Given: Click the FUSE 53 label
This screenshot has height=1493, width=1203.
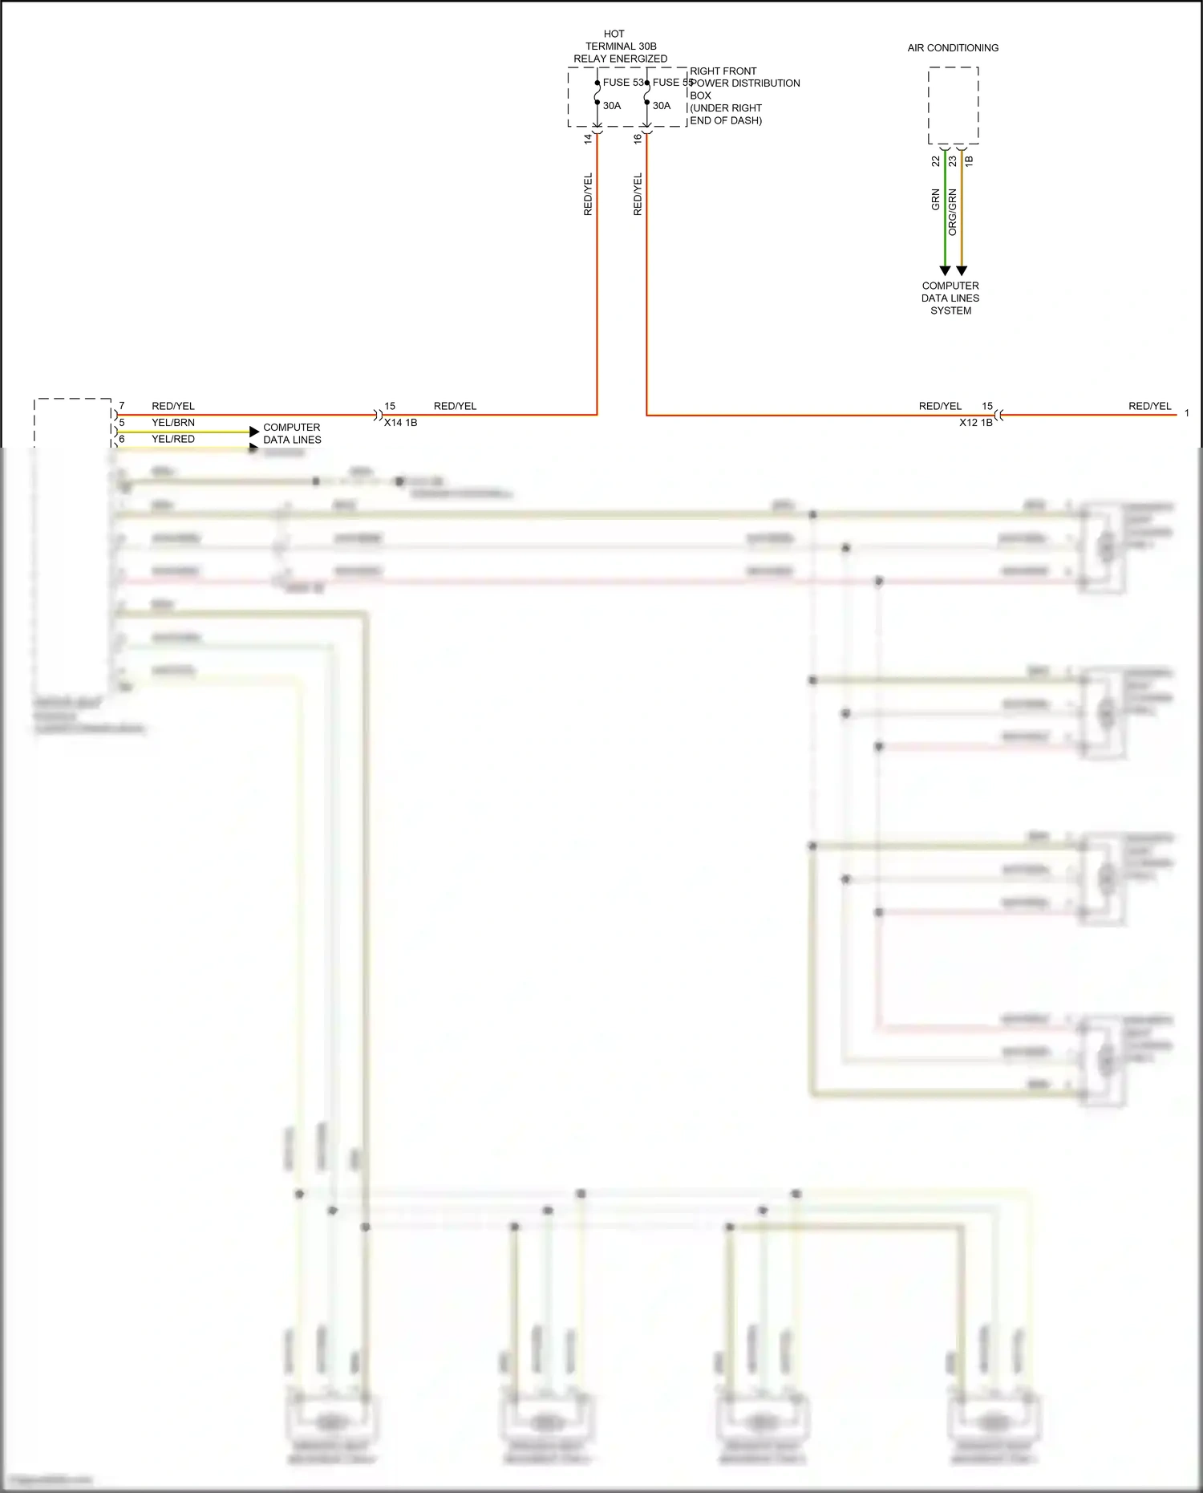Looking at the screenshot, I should click(622, 83).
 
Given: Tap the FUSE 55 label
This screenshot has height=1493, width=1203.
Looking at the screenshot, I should click(672, 83).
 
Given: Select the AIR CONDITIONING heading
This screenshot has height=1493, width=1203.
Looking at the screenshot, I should click(953, 48).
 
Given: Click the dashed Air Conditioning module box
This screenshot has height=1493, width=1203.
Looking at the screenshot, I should click(953, 105).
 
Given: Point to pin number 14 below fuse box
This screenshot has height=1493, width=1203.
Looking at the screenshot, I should click(588, 138).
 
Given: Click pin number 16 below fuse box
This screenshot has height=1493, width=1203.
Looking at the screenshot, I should click(638, 138).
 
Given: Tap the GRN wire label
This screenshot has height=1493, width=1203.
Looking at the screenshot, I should click(935, 200).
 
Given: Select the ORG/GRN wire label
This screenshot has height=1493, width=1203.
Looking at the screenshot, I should click(952, 213).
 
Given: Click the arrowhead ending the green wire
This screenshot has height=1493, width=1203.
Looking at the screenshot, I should click(945, 271).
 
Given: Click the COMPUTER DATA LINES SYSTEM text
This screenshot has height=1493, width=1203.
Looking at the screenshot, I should click(950, 298).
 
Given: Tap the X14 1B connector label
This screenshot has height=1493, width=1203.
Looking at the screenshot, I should click(400, 423).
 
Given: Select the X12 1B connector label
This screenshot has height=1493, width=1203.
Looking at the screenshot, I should click(975, 423).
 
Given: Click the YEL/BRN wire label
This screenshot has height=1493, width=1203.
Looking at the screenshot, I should click(173, 423).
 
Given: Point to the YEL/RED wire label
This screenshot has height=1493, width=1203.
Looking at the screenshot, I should click(173, 439).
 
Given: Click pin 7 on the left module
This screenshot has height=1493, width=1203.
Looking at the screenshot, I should click(122, 406).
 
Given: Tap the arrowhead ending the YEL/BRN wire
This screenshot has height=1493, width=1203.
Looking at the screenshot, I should click(254, 432).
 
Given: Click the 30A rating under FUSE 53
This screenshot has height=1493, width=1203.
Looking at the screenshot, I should click(612, 106).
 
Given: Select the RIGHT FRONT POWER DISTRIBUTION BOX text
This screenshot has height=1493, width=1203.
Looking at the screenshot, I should click(744, 95).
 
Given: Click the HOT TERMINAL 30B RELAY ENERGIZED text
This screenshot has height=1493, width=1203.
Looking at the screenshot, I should click(620, 47).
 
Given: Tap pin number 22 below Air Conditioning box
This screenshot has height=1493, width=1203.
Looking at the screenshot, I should click(935, 161).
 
